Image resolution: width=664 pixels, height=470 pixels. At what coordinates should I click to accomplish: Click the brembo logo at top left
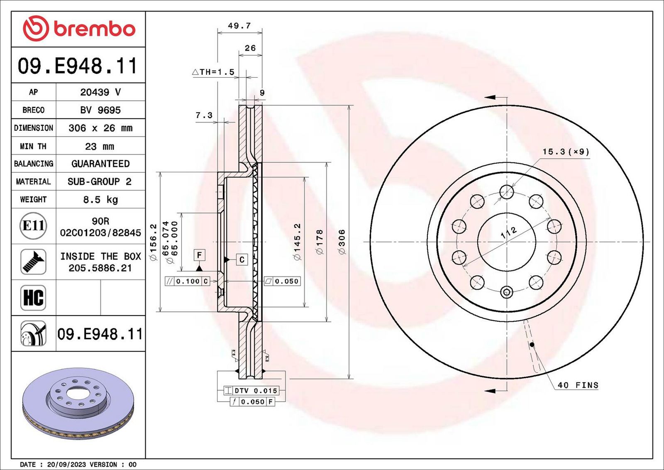coord(79,29)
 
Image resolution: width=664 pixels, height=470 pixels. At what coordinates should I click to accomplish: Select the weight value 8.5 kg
coord(100,200)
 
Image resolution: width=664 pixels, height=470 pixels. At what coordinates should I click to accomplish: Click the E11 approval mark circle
coord(33,226)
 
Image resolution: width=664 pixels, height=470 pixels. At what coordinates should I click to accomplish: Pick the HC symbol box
coord(33,298)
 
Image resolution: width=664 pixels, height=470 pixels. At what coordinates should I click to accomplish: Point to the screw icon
coord(33,262)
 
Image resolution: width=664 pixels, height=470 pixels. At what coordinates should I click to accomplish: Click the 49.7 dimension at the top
coord(239,25)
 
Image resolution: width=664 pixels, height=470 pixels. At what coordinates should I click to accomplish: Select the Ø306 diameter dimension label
coord(342,242)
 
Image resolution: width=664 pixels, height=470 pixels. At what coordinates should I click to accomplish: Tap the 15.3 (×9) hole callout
coord(566,152)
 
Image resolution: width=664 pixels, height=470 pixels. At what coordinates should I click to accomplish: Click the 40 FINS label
coord(578,385)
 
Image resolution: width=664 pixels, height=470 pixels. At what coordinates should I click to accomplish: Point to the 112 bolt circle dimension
coord(509,233)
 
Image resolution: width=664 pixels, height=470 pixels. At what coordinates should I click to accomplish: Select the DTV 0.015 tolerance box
coord(251,391)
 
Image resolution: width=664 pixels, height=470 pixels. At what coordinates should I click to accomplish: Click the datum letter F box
coord(200,255)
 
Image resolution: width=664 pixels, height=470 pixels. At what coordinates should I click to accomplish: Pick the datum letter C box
coord(242,260)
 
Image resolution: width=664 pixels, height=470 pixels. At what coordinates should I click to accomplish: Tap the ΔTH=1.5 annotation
coord(213,72)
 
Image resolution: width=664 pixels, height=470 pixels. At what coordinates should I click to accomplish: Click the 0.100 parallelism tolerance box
coord(187,281)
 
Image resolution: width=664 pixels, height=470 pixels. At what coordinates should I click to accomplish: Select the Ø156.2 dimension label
coord(153,242)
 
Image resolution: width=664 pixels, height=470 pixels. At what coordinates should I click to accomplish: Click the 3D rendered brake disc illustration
coord(78,404)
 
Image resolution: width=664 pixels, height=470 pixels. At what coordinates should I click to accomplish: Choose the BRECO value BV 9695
coord(100,110)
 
